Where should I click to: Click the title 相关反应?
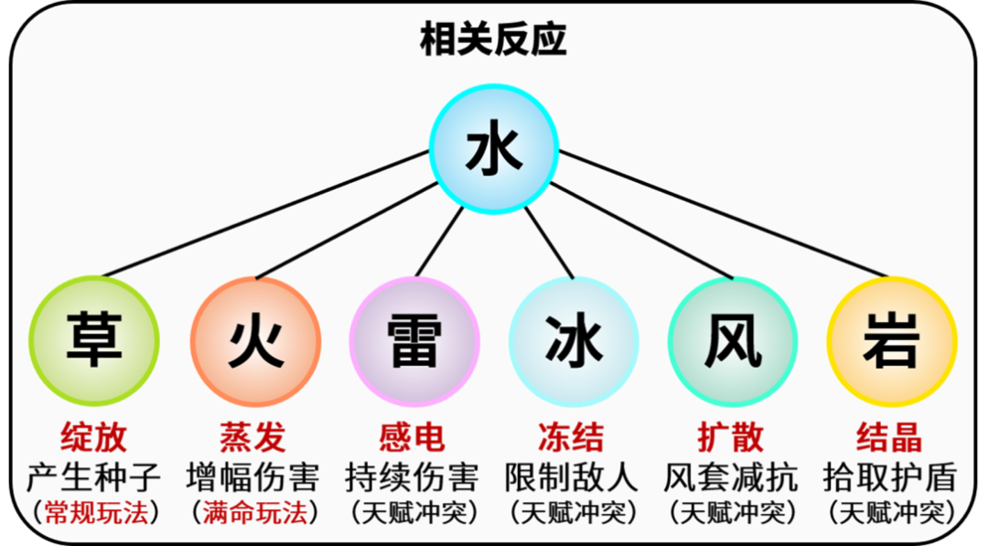click(494, 40)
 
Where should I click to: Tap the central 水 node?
click(494, 149)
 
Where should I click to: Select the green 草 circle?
click(94, 342)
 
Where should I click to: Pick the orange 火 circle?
click(255, 342)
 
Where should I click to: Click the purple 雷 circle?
click(414, 342)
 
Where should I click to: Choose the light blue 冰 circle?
click(574, 342)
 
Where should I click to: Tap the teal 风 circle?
click(733, 342)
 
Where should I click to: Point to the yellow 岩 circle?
click(891, 342)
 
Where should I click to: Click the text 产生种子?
click(94, 476)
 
